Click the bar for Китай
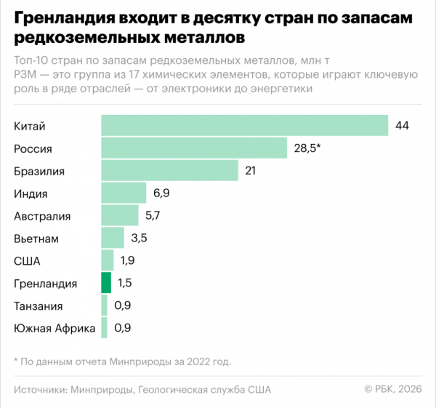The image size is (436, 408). coord(244,126)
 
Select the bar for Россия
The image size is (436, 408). coord(194,148)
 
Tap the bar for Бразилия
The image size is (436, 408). coord(169,171)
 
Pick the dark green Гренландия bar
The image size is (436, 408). coord(106,283)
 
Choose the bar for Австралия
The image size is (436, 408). coord(120,216)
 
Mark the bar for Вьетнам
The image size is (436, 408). coord(113,239)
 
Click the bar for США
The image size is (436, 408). coord(108,260)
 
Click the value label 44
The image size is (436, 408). coord(402,126)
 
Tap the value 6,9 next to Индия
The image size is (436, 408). coord(161,193)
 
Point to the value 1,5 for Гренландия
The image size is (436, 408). coord(124,283)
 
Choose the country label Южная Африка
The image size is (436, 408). coord(54,328)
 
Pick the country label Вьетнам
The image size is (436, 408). coord(36,239)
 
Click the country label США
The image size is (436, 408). coord(27,261)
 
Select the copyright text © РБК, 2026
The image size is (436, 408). coord(392,390)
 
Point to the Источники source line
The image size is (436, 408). coord(142,390)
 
